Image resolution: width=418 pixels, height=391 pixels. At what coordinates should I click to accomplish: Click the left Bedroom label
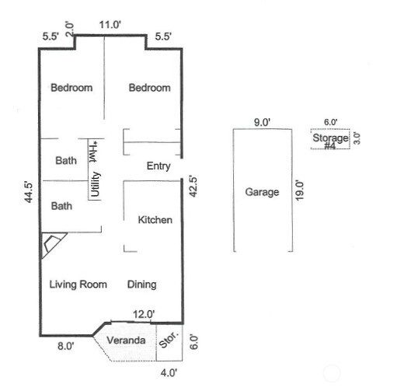pyautogui.click(x=71, y=88)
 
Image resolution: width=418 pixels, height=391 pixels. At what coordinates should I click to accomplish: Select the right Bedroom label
pyautogui.click(x=150, y=88)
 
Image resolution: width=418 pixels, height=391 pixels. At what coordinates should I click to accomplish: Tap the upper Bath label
pyautogui.click(x=66, y=161)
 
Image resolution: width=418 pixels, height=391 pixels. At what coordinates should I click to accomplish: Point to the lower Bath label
pyautogui.click(x=61, y=206)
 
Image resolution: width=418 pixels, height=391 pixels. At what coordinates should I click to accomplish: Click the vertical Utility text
pyautogui.click(x=95, y=184)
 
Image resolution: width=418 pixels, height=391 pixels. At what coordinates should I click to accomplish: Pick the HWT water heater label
pyautogui.click(x=93, y=152)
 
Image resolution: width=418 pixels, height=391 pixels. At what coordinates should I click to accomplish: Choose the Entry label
pyautogui.click(x=158, y=166)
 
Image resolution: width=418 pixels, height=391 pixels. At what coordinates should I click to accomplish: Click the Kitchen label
pyautogui.click(x=155, y=220)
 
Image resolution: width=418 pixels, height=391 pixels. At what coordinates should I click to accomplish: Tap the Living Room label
pyautogui.click(x=78, y=285)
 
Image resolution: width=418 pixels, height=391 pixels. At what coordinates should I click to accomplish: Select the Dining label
pyautogui.click(x=142, y=285)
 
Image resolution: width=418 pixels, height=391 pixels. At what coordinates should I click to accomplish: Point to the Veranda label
pyautogui.click(x=126, y=340)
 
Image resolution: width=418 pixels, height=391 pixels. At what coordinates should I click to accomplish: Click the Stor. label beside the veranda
pyautogui.click(x=169, y=340)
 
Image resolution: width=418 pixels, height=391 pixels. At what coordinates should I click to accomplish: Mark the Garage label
pyautogui.click(x=262, y=192)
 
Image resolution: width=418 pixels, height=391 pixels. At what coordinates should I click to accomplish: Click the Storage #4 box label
pyautogui.click(x=330, y=141)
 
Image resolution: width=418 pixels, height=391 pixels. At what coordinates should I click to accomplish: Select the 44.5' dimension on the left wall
pyautogui.click(x=29, y=192)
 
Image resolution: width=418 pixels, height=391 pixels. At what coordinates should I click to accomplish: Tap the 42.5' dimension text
pyautogui.click(x=193, y=186)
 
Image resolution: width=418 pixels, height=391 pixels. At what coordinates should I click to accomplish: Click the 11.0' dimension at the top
pyautogui.click(x=110, y=25)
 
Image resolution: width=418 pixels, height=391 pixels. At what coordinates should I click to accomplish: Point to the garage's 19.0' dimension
pyautogui.click(x=300, y=190)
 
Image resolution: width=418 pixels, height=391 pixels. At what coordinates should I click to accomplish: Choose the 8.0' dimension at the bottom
pyautogui.click(x=66, y=346)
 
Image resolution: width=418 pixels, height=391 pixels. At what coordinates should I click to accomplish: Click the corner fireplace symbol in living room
pyautogui.click(x=53, y=245)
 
